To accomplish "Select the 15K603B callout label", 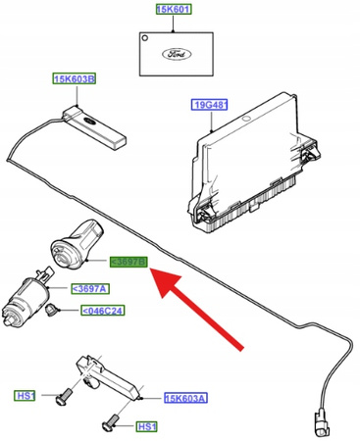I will point(75,80).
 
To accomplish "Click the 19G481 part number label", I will point(209,104).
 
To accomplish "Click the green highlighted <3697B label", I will point(128,262).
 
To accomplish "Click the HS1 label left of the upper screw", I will point(26,396).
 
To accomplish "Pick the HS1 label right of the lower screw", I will point(146,427).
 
